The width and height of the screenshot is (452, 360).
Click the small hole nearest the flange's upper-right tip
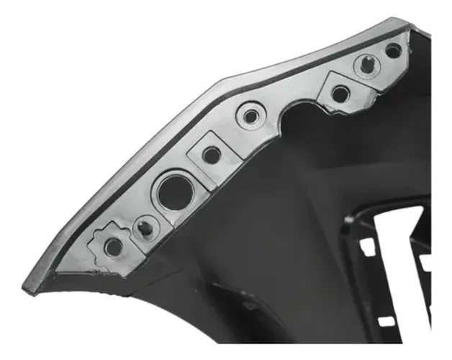click(393, 50)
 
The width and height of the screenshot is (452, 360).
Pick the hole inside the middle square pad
click(211, 154)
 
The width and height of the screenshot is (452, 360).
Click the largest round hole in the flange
click(173, 191)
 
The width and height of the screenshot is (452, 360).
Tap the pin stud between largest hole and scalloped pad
click(146, 229)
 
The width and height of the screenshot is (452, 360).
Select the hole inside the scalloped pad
click(114, 247)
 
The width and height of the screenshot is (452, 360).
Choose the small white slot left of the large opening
click(367, 247)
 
